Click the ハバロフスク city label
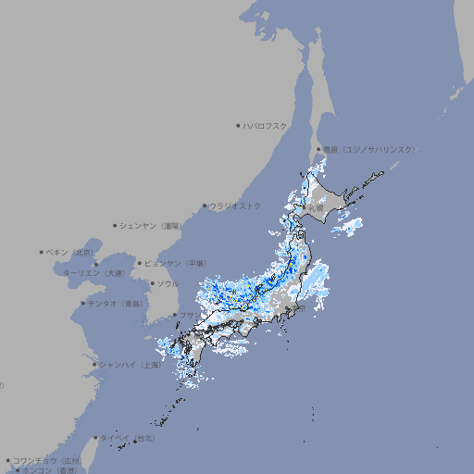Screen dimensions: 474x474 pyautogui.click(x=266, y=125)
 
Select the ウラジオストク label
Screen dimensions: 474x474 pyautogui.click(x=235, y=206)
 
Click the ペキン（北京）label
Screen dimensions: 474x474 pyautogui.click(x=72, y=252)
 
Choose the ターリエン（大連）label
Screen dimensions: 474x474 pyautogui.click(x=94, y=273)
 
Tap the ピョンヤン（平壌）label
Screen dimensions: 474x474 pyautogui.click(x=177, y=263)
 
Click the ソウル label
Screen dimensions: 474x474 pyautogui.click(x=168, y=283)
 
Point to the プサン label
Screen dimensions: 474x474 pyautogui.click(x=188, y=316)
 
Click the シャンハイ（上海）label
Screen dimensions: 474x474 pyautogui.click(x=131, y=365)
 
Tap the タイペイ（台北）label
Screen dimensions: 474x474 pyautogui.click(x=121, y=437)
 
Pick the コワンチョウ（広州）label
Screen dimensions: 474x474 pyautogui.click(x=47, y=460)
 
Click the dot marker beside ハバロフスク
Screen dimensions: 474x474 pyautogui.click(x=238, y=125)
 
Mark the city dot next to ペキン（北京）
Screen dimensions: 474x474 pyautogui.click(x=42, y=252)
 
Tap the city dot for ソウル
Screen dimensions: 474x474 pyautogui.click(x=153, y=283)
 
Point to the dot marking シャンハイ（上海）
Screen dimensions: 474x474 pyautogui.click(x=94, y=365)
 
